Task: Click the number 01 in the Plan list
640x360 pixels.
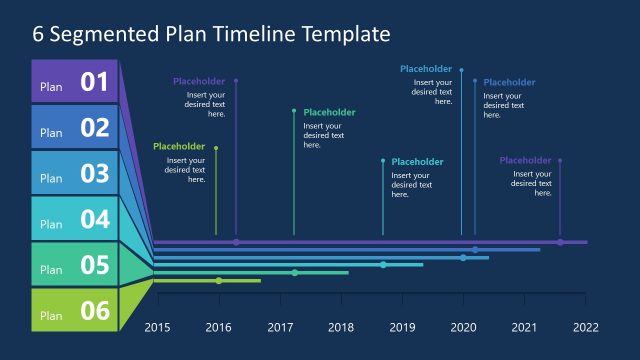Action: (x=94, y=82)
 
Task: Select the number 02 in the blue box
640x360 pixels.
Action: (x=94, y=128)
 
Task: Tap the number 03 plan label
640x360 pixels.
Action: (x=94, y=174)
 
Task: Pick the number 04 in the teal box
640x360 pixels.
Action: (x=94, y=219)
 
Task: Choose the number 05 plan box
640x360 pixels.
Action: (x=94, y=265)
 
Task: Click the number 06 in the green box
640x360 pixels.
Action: (x=94, y=311)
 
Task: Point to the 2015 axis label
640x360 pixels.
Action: (x=158, y=327)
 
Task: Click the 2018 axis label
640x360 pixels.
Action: (x=341, y=327)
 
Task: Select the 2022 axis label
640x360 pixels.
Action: (x=585, y=327)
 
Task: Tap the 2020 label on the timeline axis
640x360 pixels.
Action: (x=463, y=327)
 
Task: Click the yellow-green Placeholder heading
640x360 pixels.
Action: (x=179, y=146)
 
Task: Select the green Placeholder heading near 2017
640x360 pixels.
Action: (x=329, y=113)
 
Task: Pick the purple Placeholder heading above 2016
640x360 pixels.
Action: (x=199, y=81)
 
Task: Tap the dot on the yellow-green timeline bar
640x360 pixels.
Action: (x=219, y=281)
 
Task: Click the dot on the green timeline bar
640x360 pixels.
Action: (x=295, y=273)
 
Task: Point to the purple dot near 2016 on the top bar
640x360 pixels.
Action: (x=236, y=242)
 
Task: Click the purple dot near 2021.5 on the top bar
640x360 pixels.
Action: (x=560, y=242)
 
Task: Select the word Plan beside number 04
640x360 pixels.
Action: (x=51, y=225)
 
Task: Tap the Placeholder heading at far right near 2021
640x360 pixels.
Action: (x=525, y=160)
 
